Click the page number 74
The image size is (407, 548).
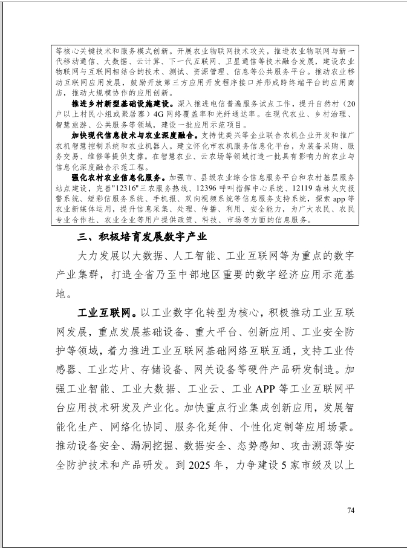click(351, 510)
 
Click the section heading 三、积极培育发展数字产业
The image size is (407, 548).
click(142, 236)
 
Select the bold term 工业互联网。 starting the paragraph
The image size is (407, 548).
click(108, 314)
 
